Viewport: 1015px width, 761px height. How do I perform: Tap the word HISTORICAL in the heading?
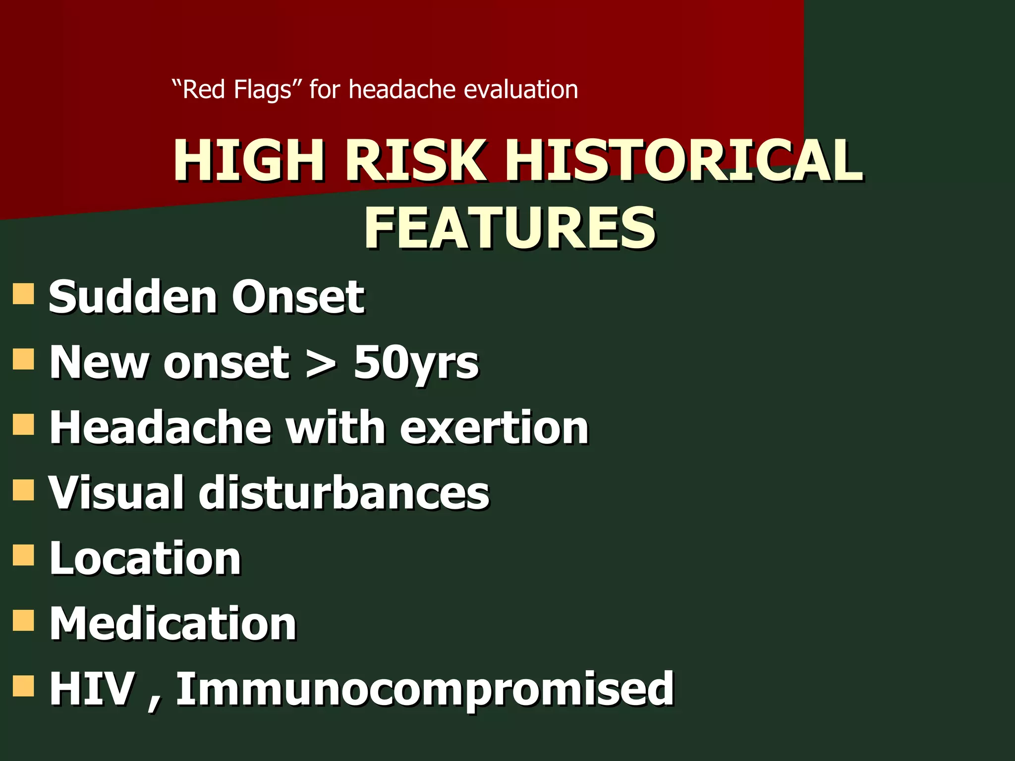[684, 161]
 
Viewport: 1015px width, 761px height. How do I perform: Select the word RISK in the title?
[415, 161]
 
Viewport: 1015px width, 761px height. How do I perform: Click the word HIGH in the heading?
[249, 161]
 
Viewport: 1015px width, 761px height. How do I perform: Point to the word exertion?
[494, 428]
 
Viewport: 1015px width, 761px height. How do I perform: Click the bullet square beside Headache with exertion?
[23, 424]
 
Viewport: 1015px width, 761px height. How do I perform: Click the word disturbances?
[344, 492]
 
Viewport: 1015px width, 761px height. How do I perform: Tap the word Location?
[145, 558]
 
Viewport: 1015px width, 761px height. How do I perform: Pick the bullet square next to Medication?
[23, 620]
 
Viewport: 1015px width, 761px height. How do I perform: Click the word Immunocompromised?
[425, 689]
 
